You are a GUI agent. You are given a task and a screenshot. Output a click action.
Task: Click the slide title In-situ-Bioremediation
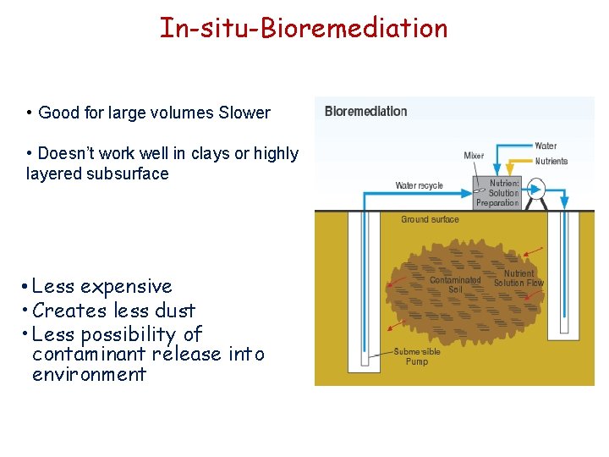coord(304,28)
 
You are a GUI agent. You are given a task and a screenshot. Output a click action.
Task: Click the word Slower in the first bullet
coord(245,113)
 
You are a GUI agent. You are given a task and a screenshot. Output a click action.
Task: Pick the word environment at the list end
coord(89,374)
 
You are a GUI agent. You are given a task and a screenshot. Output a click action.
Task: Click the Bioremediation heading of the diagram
coord(365,111)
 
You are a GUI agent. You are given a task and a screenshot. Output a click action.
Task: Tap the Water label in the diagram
coord(546,146)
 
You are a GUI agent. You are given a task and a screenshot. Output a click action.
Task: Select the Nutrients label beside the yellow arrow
coord(551,161)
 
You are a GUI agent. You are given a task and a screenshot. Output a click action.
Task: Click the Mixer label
coord(474,155)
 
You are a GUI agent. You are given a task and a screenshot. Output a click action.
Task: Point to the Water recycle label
coord(420,185)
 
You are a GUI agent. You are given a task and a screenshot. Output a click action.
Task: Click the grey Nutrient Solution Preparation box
coord(497,193)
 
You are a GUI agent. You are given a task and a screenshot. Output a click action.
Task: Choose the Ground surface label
coord(430,219)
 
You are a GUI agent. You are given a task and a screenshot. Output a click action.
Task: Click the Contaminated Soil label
coord(454,284)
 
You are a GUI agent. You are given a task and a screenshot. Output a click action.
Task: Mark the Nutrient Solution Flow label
coord(518,278)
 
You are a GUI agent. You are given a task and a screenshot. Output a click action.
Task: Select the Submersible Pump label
coord(416,356)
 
